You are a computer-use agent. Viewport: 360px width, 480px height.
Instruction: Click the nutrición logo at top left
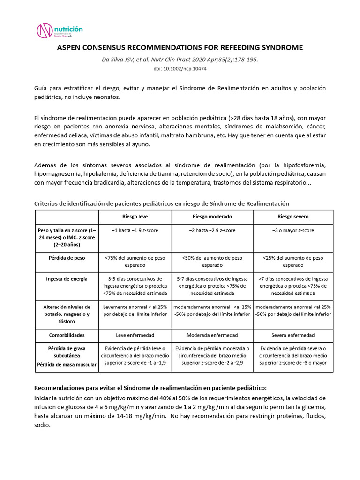pyautogui.click(x=60, y=30)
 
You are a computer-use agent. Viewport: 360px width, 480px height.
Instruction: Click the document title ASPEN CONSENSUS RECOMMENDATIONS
pyautogui.click(x=180, y=48)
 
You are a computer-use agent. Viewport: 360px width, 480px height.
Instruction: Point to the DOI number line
pyautogui.click(x=180, y=69)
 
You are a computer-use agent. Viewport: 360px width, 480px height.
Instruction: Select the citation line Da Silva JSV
pyautogui.click(x=180, y=60)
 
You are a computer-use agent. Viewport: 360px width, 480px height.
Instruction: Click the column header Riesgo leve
pyautogui.click(x=135, y=217)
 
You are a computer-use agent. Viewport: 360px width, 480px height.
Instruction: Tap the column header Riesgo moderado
pyautogui.click(x=212, y=217)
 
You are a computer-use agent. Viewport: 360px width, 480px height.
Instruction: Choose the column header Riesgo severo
pyautogui.click(x=293, y=217)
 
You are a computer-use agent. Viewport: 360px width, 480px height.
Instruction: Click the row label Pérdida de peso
pyautogui.click(x=67, y=258)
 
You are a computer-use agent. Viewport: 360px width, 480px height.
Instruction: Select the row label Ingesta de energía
pyautogui.click(x=67, y=279)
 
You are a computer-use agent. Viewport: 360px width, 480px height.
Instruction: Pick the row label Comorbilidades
pyautogui.click(x=67, y=335)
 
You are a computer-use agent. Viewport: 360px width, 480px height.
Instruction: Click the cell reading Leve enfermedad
pyautogui.click(x=135, y=335)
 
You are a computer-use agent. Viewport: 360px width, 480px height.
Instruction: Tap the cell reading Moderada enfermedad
pyautogui.click(x=212, y=335)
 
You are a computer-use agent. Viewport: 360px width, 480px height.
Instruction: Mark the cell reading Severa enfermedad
pyautogui.click(x=293, y=335)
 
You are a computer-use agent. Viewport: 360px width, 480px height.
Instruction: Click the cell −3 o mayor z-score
pyautogui.click(x=293, y=231)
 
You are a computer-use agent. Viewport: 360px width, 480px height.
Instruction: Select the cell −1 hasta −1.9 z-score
pyautogui.click(x=135, y=231)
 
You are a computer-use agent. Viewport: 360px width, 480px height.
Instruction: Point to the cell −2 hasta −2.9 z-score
pyautogui.click(x=212, y=231)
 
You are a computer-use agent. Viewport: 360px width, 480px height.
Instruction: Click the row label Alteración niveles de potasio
pyautogui.click(x=67, y=314)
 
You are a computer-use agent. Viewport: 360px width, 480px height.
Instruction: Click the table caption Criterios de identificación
pyautogui.click(x=162, y=203)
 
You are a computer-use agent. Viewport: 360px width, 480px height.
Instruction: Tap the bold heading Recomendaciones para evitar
pyautogui.click(x=150, y=388)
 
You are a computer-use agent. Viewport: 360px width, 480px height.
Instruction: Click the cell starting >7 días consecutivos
pyautogui.click(x=293, y=286)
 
